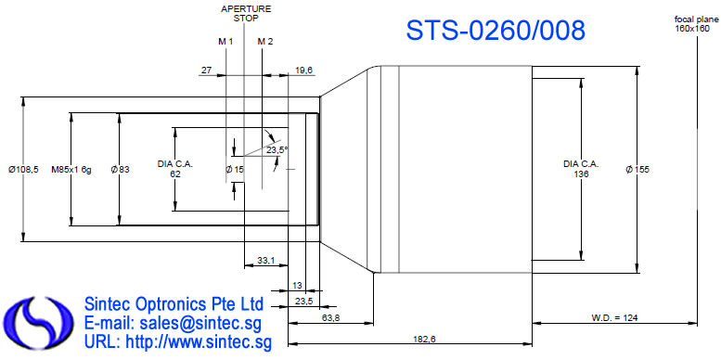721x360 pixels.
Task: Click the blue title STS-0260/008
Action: (496, 31)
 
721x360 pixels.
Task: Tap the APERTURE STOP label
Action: (246, 13)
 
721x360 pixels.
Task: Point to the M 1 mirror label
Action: (225, 42)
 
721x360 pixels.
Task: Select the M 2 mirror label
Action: (265, 42)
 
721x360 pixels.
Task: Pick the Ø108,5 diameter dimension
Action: (23, 170)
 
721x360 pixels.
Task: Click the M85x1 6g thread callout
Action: (71, 170)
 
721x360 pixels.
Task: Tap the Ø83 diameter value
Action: (120, 170)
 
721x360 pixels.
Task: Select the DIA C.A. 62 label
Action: (175, 169)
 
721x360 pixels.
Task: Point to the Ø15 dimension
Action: (235, 170)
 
